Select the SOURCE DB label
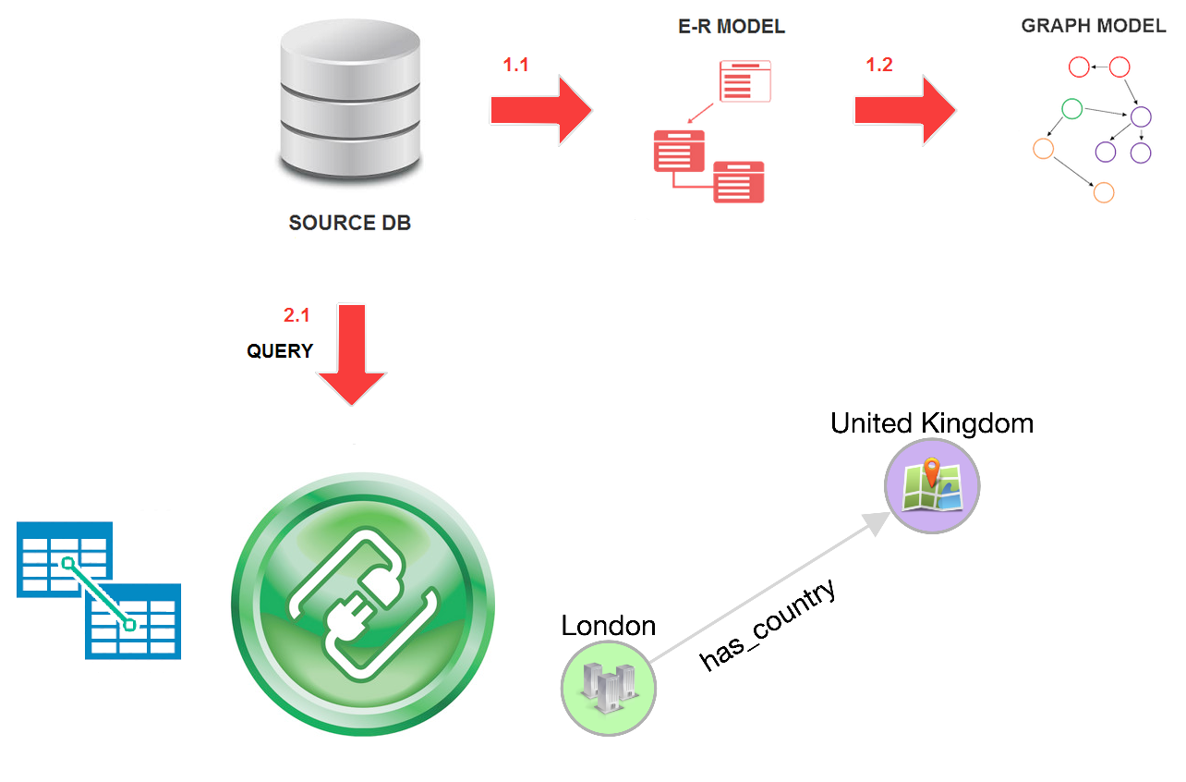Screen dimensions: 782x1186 click(x=349, y=224)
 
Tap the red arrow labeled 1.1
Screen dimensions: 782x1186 click(x=540, y=110)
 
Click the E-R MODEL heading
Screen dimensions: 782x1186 click(x=731, y=27)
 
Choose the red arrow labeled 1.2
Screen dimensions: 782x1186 click(x=904, y=110)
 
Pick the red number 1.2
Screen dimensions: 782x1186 click(x=879, y=66)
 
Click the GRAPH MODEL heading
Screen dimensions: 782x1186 click(x=1093, y=26)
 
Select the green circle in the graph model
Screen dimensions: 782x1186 click(x=1072, y=109)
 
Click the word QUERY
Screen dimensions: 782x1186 click(x=280, y=352)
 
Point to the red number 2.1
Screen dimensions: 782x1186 click(x=296, y=316)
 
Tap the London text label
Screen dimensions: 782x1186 click(x=608, y=626)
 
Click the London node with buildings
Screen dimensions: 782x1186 click(x=609, y=688)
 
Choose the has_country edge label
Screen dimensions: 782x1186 click(x=768, y=625)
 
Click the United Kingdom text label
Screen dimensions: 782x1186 click(x=931, y=423)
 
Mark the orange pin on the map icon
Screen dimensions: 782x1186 click(x=933, y=471)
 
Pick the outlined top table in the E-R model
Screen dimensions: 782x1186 click(x=745, y=81)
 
